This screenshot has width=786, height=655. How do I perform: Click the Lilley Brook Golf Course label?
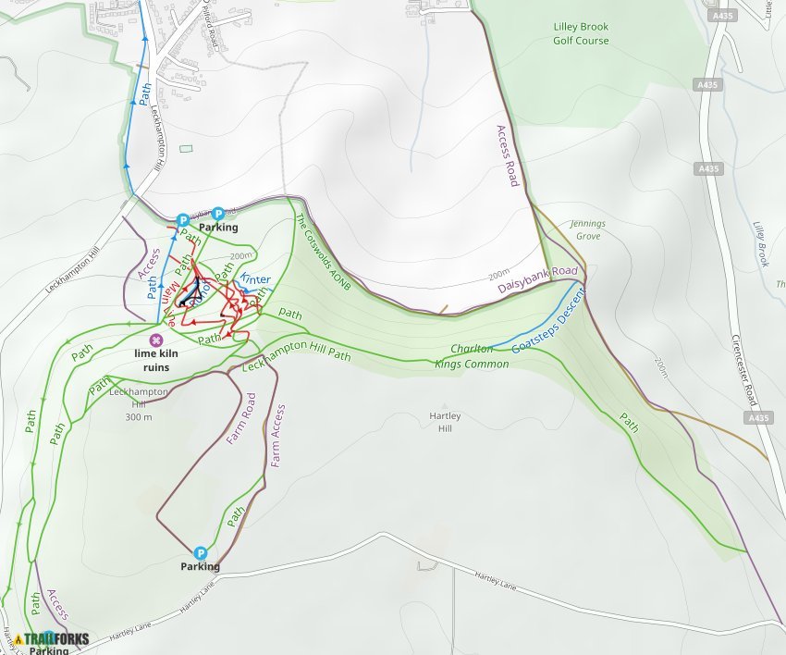coord(581,34)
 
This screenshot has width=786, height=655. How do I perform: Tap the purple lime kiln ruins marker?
coord(156,339)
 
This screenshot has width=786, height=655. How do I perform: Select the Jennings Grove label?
coord(586,229)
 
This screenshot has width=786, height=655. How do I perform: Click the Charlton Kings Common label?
coord(473,356)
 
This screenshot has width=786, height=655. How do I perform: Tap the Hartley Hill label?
coord(446,422)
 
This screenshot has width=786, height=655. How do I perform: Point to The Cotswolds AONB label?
coord(323,253)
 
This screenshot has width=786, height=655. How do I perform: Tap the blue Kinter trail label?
coord(255,279)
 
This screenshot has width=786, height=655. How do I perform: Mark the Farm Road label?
coord(239,418)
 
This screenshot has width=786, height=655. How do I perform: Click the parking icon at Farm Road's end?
coord(200,552)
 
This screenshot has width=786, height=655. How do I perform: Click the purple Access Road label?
coord(507,155)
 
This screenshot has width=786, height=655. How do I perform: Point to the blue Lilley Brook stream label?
coord(761,243)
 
